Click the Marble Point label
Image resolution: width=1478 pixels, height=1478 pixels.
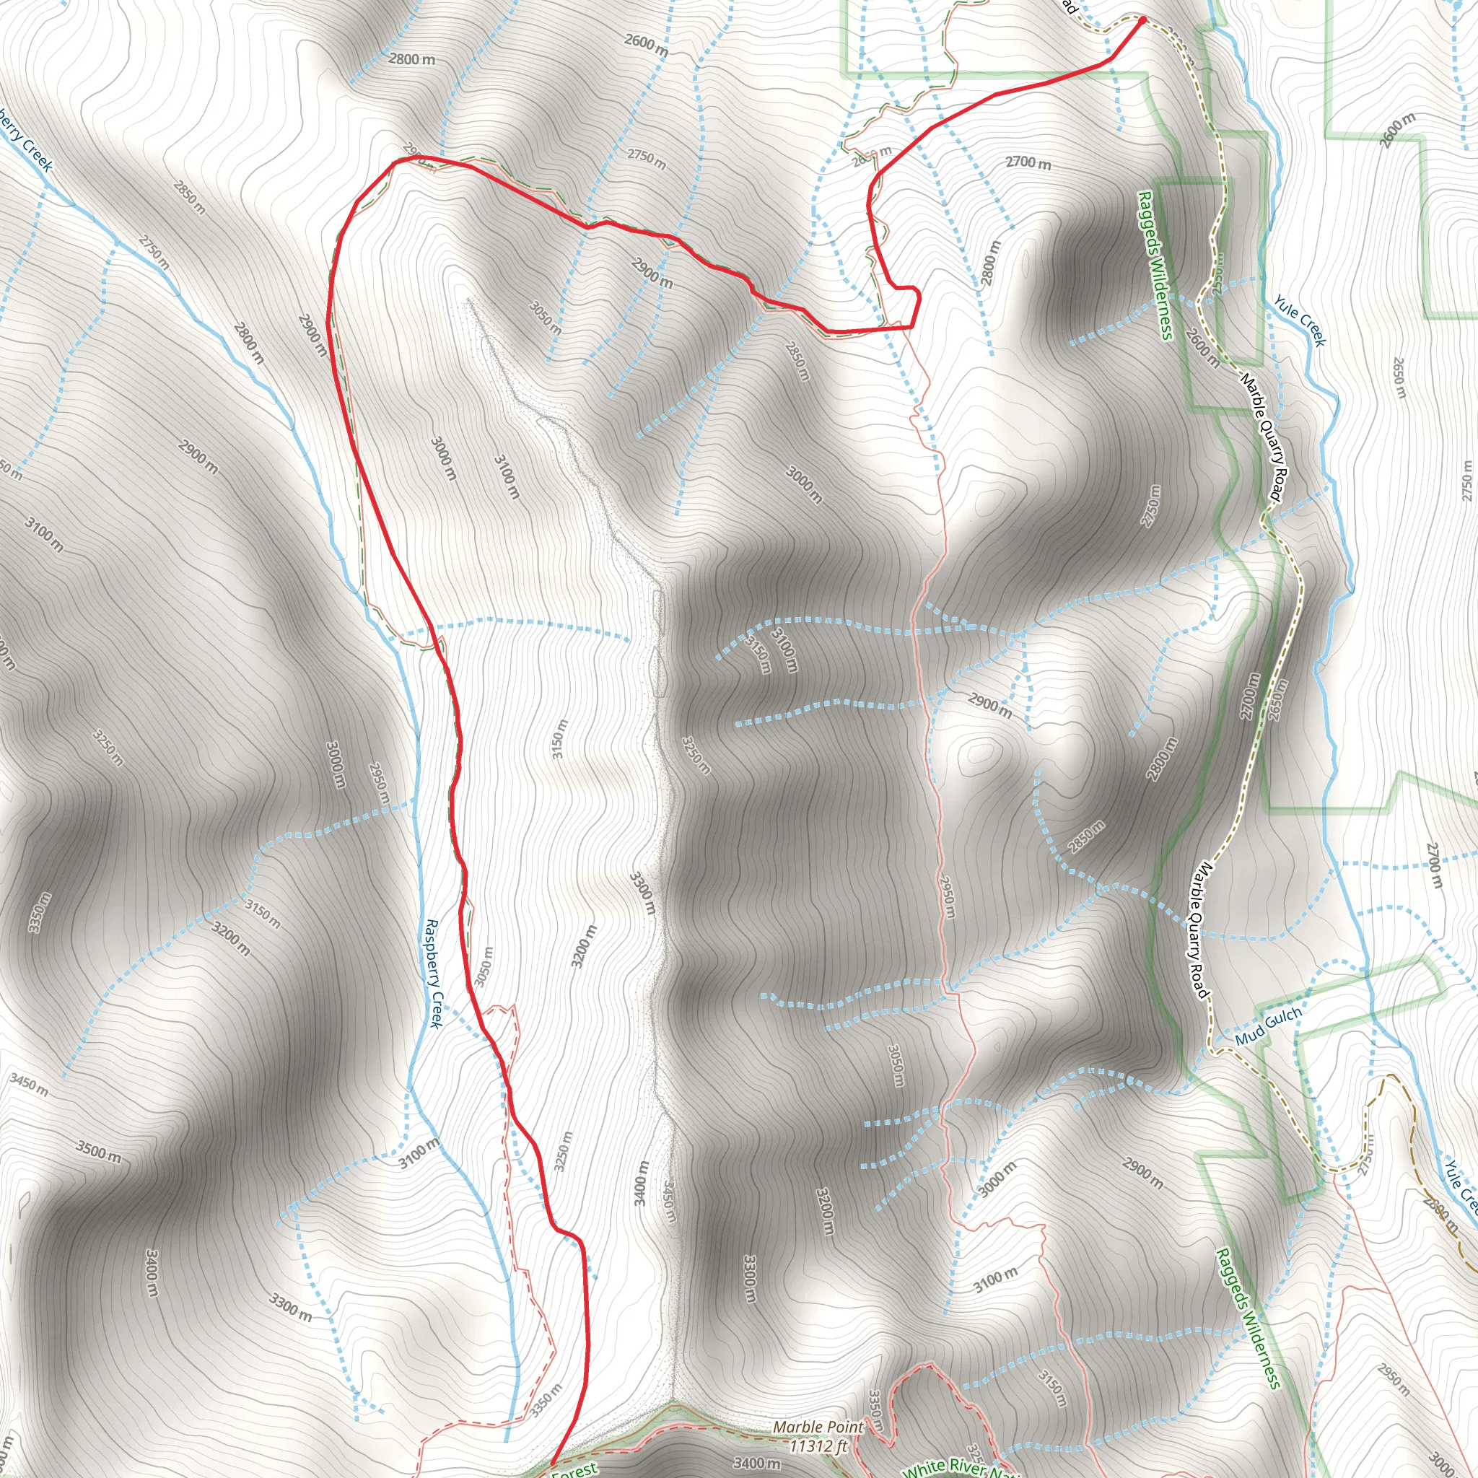tap(818, 1427)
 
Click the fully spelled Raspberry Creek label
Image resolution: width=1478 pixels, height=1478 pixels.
tap(434, 974)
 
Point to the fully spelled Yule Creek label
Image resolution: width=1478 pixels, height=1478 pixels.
tap(1300, 320)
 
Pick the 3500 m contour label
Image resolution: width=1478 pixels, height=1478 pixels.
tap(98, 1151)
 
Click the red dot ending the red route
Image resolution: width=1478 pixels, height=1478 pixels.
tap(1143, 20)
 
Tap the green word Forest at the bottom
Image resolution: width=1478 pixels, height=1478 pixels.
tap(574, 1469)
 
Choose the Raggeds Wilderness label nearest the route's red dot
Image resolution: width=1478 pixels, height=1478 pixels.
tap(1155, 264)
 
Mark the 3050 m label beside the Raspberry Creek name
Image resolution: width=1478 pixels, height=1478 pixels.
tap(483, 968)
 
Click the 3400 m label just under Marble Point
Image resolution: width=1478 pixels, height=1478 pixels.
tap(756, 1463)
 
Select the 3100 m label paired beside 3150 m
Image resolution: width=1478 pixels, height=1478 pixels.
tap(784, 650)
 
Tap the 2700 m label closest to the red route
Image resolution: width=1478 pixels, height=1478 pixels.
tap(1028, 162)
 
